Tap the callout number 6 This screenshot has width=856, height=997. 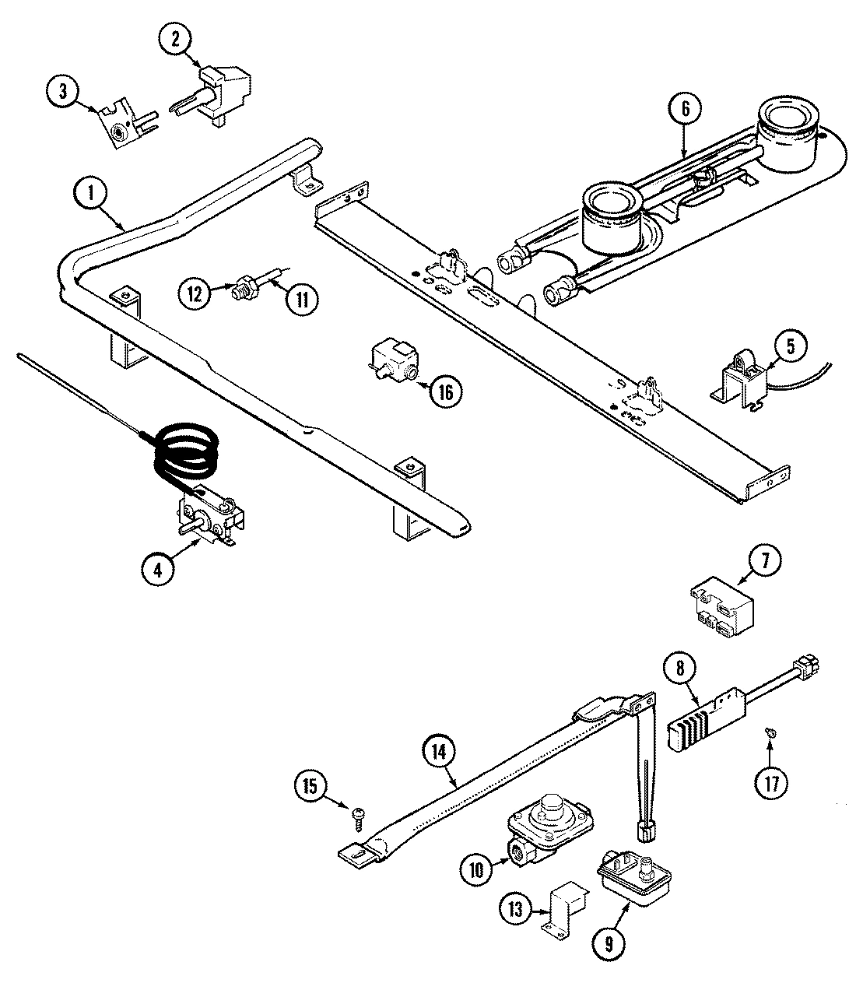(x=685, y=110)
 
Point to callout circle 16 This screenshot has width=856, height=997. (x=444, y=391)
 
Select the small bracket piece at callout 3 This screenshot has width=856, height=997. (x=121, y=124)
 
